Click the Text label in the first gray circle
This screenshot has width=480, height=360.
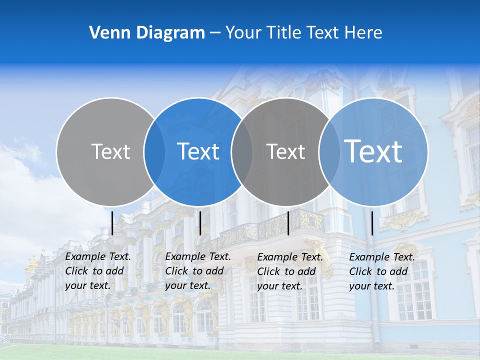110,151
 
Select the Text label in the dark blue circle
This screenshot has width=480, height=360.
198,151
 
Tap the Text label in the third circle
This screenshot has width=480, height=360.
285,151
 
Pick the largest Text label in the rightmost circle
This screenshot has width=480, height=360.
373,151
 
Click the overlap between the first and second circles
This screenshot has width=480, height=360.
154,151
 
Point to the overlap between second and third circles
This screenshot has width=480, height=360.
242,151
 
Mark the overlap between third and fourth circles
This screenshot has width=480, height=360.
329,151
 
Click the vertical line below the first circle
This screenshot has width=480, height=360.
112,223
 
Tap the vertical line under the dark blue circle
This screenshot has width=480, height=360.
200,223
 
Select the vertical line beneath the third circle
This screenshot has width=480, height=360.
288,223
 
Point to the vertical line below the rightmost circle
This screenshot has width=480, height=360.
372,223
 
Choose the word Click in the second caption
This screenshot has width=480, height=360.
176,271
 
